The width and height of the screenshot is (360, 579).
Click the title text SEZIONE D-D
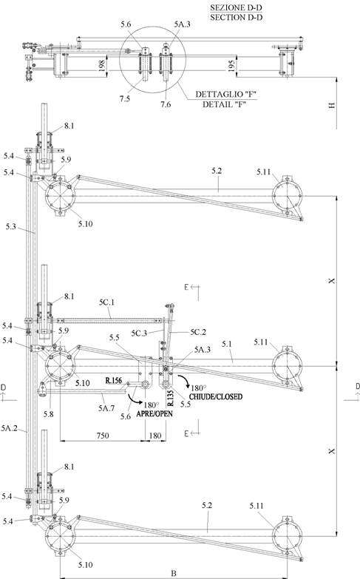click(x=237, y=7)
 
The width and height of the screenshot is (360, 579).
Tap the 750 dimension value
click(x=103, y=436)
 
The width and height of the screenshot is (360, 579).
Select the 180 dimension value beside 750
click(x=155, y=436)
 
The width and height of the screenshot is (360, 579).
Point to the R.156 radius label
click(x=113, y=380)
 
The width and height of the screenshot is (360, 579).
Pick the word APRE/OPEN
click(x=154, y=413)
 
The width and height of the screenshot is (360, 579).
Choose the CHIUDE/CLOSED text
click(x=216, y=396)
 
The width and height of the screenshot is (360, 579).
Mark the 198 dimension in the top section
click(x=102, y=66)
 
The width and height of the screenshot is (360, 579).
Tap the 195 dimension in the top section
click(x=231, y=66)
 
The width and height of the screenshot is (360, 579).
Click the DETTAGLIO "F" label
click(x=226, y=94)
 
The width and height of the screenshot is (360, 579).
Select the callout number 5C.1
click(x=106, y=302)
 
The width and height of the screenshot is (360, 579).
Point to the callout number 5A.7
click(x=106, y=408)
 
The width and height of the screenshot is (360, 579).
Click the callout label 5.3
click(x=10, y=226)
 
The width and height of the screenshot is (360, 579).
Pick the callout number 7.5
click(x=124, y=98)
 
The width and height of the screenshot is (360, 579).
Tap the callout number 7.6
click(x=166, y=104)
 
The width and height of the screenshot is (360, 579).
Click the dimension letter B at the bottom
click(x=174, y=574)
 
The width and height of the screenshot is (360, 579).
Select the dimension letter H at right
click(x=332, y=105)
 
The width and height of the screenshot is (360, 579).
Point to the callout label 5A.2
click(x=9, y=428)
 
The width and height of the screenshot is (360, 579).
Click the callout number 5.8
click(x=48, y=414)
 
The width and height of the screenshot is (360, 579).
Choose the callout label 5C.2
click(x=198, y=332)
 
